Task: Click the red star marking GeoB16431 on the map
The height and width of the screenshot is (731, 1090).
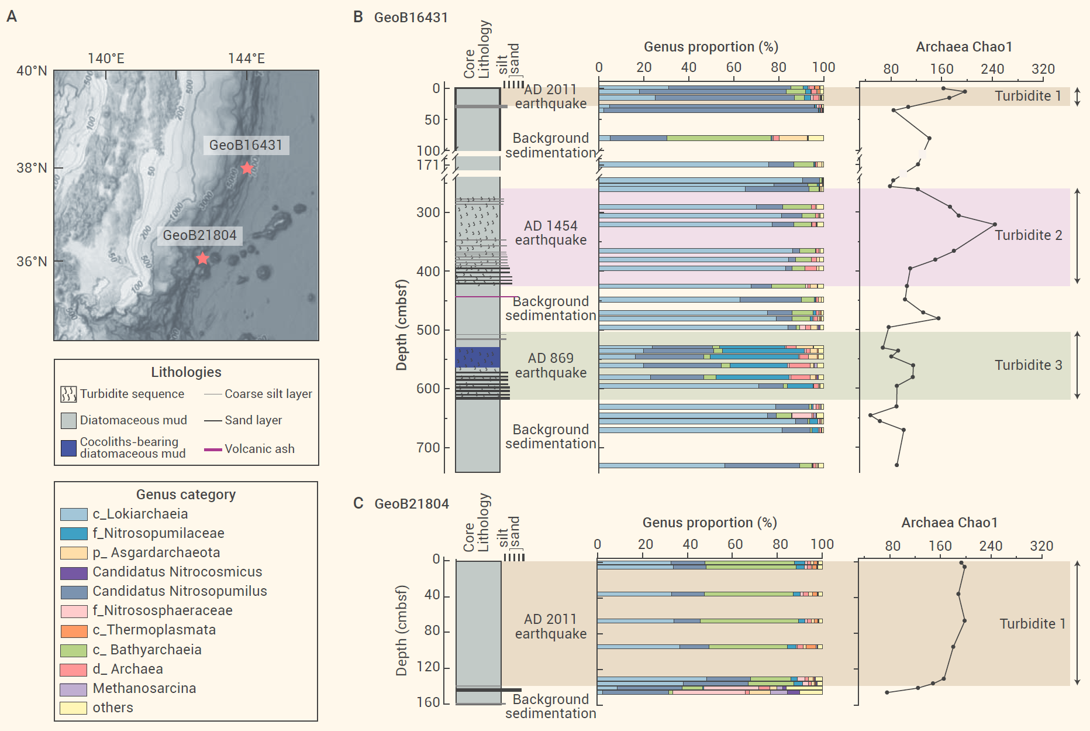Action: point(247,168)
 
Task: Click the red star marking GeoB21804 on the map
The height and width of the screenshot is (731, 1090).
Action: point(202,258)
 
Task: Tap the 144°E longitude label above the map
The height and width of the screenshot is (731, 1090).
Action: point(246,59)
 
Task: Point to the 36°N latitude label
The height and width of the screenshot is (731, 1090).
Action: point(32,261)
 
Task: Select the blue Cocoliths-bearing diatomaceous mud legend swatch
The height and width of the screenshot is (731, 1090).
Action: point(68,448)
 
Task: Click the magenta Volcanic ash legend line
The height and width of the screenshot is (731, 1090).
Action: point(213,449)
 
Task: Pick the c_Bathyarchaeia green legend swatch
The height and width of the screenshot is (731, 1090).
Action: point(74,650)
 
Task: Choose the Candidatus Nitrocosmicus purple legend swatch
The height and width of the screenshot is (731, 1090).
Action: point(74,572)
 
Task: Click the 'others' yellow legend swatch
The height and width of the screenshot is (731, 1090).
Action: point(74,708)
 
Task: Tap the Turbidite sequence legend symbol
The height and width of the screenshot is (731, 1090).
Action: point(68,394)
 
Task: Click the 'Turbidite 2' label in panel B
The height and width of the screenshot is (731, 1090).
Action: point(1028,235)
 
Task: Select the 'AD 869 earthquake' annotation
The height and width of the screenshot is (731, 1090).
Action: point(550,365)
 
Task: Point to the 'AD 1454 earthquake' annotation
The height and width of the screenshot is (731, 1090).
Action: point(550,233)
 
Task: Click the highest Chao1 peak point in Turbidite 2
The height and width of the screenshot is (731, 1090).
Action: point(994,224)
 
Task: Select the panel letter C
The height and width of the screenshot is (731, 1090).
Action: point(358,503)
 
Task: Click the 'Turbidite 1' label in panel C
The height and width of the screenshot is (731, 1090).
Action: point(1032,624)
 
